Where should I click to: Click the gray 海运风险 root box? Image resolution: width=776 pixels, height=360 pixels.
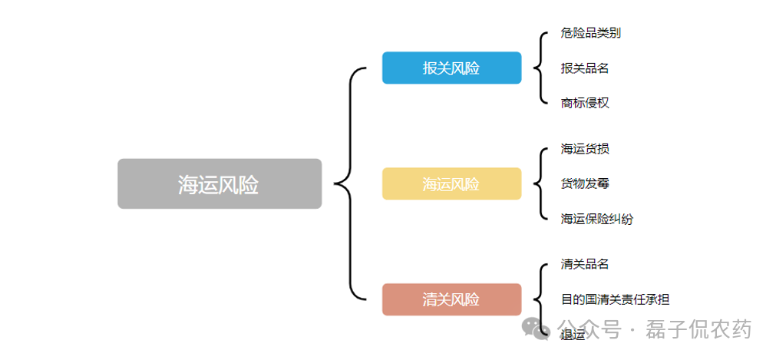pos(219,184)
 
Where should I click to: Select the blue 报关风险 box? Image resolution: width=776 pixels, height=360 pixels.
pos(451,68)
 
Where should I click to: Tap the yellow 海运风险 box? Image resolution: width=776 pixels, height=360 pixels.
pos(451,184)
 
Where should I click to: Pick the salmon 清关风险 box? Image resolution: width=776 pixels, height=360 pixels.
pos(451,299)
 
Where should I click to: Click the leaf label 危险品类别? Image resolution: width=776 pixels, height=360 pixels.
pos(590,33)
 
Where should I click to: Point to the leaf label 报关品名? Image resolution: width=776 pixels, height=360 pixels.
pos(585,68)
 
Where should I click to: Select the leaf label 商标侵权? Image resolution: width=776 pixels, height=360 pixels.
pos(585,102)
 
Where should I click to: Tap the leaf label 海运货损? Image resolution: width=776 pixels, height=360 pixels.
pos(585,149)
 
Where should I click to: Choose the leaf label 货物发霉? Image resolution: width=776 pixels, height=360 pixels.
pos(585,183)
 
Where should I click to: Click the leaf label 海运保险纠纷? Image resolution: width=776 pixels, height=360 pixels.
pos(596,219)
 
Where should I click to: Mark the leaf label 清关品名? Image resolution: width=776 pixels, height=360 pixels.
pos(585,264)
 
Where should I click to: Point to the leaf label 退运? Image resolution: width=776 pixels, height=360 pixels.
pos(573,334)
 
